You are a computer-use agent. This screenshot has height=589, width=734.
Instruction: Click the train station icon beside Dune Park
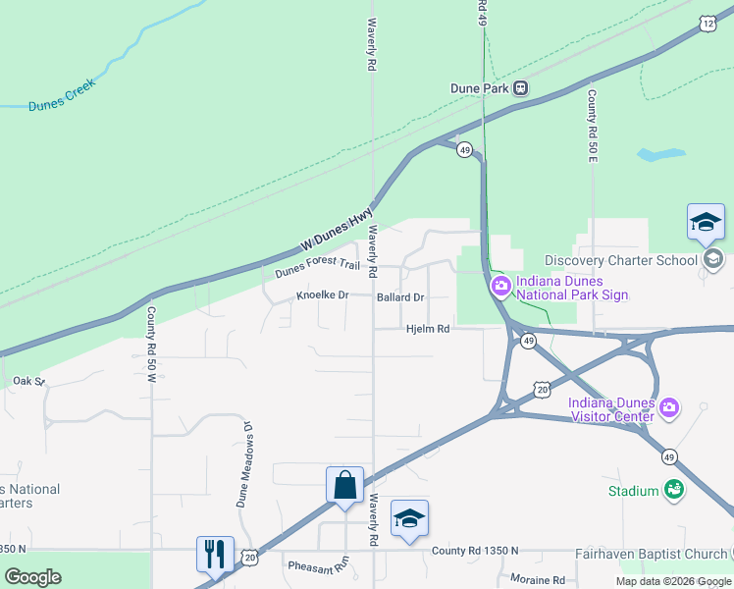coord(521,87)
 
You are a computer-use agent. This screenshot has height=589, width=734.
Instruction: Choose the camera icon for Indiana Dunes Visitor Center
coord(669,406)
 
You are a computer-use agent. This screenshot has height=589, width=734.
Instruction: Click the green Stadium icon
coord(673,489)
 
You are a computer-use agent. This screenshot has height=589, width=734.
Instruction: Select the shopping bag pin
coord(344,485)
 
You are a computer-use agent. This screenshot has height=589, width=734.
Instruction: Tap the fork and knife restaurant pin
coord(215,554)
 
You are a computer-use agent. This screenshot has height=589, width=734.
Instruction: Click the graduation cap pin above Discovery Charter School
coord(706,222)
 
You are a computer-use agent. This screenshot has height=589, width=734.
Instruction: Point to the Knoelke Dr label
coord(322,295)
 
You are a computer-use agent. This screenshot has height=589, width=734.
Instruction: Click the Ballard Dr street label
coord(400,296)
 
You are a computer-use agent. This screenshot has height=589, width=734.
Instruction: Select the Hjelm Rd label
coord(428,329)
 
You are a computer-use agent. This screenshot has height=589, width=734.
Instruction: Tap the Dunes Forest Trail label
coord(317,264)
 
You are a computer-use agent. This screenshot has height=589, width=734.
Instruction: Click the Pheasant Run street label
coord(318,565)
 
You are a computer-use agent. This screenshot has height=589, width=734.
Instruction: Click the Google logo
coord(32,577)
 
